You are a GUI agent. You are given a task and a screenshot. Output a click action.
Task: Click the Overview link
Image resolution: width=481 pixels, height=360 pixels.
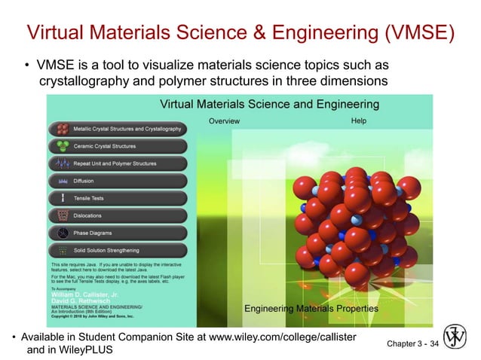[224, 121]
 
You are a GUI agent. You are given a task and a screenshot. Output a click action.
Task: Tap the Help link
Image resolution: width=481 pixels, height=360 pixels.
[359, 121]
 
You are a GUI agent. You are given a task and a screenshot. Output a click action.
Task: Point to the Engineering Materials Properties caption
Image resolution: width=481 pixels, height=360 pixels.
[311, 309]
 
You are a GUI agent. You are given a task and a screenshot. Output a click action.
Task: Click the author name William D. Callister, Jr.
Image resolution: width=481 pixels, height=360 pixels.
[83, 292]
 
